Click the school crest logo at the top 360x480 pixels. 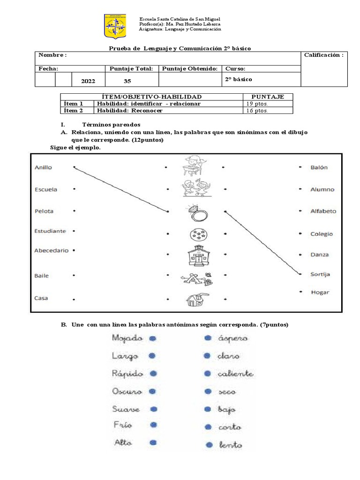click(x=115, y=27)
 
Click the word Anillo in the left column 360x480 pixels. click(x=43, y=167)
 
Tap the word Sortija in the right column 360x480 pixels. click(x=320, y=274)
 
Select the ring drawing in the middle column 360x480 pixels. click(x=195, y=213)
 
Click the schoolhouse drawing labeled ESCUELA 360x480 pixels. click(x=196, y=255)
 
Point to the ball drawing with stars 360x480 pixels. click(x=195, y=234)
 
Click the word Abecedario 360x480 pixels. click(x=51, y=250)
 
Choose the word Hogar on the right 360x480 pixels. click(x=320, y=292)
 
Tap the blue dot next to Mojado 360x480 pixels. click(x=152, y=338)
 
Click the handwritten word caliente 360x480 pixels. click(x=235, y=374)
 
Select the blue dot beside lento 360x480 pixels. click(x=208, y=445)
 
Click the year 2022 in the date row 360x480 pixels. click(x=88, y=81)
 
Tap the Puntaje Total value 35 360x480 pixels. click(x=127, y=81)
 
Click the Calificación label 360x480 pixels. click(x=323, y=55)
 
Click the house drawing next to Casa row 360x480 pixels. click(x=196, y=299)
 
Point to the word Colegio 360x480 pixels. click(x=322, y=234)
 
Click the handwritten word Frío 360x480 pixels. click(x=123, y=425)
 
